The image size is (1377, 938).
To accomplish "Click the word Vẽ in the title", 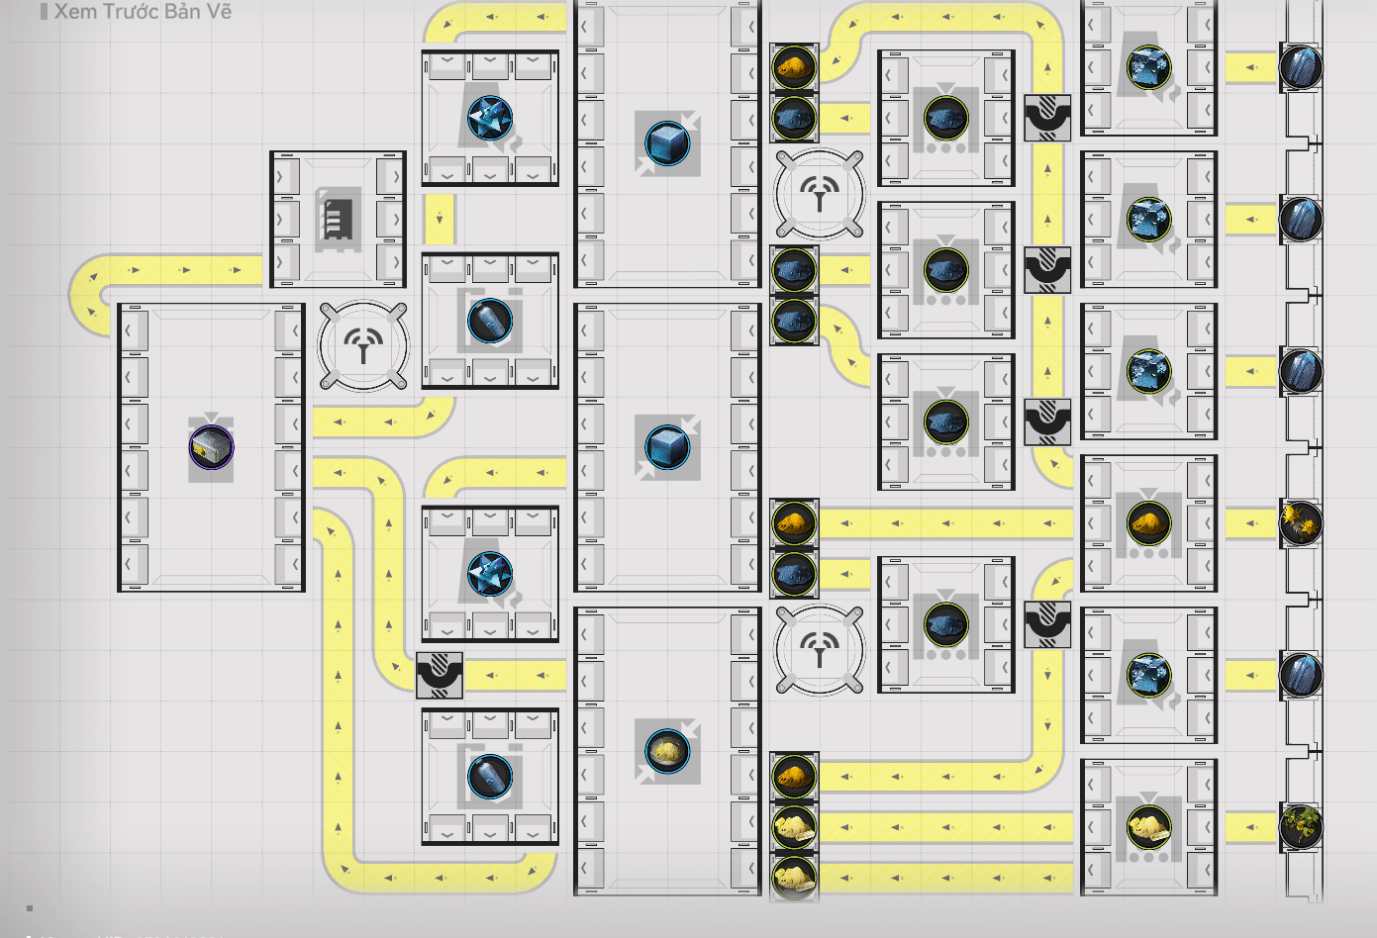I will (x=219, y=12).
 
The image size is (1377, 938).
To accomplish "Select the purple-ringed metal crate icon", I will (x=211, y=447).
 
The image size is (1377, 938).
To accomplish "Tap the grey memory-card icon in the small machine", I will (x=337, y=219).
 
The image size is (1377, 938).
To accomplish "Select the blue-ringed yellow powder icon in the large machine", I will (x=667, y=751).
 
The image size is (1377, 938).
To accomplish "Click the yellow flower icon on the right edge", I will (x=1300, y=522).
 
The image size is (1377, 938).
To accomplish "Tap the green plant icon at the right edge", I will (x=1300, y=826).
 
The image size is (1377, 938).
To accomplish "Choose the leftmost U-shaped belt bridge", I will (x=440, y=675).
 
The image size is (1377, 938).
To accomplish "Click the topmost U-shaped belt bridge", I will (x=1046, y=118).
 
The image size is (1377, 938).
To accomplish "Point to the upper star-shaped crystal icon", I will (x=490, y=118).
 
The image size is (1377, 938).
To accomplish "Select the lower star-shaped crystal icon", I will (x=490, y=574).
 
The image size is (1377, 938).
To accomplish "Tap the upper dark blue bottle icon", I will (x=490, y=321).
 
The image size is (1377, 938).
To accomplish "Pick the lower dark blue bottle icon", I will (x=490, y=776).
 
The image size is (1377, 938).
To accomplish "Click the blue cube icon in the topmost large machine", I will (x=667, y=143).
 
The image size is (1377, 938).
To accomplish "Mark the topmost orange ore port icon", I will (x=793, y=67).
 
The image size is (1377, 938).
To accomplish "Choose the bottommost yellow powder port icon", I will (x=793, y=877).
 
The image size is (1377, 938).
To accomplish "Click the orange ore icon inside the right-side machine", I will (x=1148, y=522).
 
